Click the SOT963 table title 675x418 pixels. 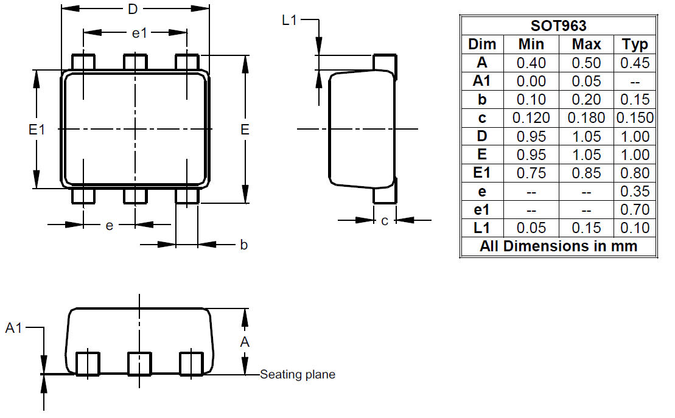coord(558,26)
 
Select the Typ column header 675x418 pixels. coord(635,44)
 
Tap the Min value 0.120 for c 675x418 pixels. coord(531,118)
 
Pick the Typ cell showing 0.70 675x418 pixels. coord(635,210)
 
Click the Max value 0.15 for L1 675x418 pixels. coord(586,228)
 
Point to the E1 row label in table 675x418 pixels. coord(481,173)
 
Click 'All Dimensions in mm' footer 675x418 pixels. coord(558,246)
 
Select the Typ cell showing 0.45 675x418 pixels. coord(635,63)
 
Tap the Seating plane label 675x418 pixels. coord(298,375)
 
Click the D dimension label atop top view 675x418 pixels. coord(131,10)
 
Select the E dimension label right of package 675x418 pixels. coord(245,129)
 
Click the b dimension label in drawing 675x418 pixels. coord(243,245)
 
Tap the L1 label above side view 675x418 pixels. coord(289,20)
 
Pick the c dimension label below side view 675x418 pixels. coord(385,221)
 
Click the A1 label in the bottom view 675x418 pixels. coord(14,329)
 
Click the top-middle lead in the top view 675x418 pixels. coord(135,62)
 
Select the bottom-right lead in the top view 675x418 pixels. coord(187,195)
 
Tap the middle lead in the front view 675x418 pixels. coord(139,364)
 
